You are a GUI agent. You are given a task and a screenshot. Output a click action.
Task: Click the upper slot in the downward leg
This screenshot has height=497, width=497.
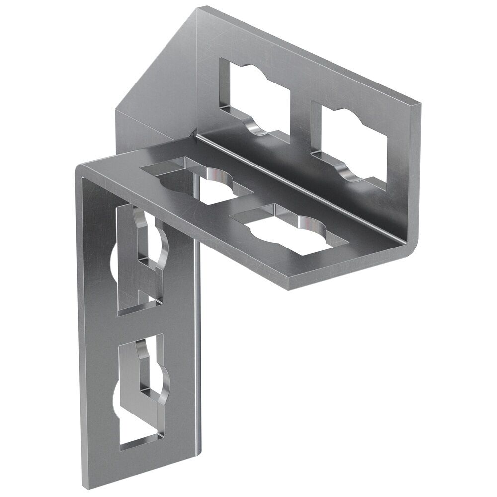pos(139,258)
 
